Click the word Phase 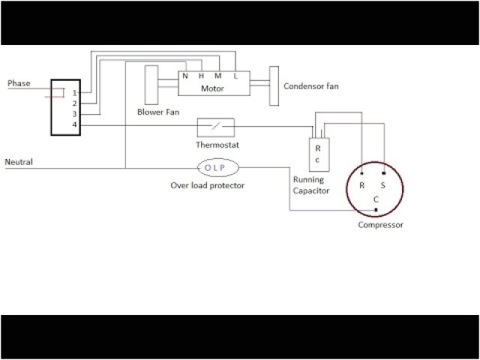[x=19, y=83]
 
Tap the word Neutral [x=19, y=162]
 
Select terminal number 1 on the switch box [x=74, y=93]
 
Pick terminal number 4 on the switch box [x=74, y=124]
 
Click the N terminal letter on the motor [x=185, y=76]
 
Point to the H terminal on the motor [x=201, y=76]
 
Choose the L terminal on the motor [x=235, y=76]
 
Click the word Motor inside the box [x=212, y=88]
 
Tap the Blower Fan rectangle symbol [x=150, y=84]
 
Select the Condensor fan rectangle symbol [x=274, y=86]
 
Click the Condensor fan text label [x=310, y=86]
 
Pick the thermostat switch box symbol [x=215, y=127]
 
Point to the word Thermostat [x=217, y=144]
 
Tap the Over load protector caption [x=207, y=184]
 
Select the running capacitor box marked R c [x=318, y=154]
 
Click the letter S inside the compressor [x=384, y=184]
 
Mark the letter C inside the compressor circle [x=376, y=199]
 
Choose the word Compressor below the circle [x=380, y=225]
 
